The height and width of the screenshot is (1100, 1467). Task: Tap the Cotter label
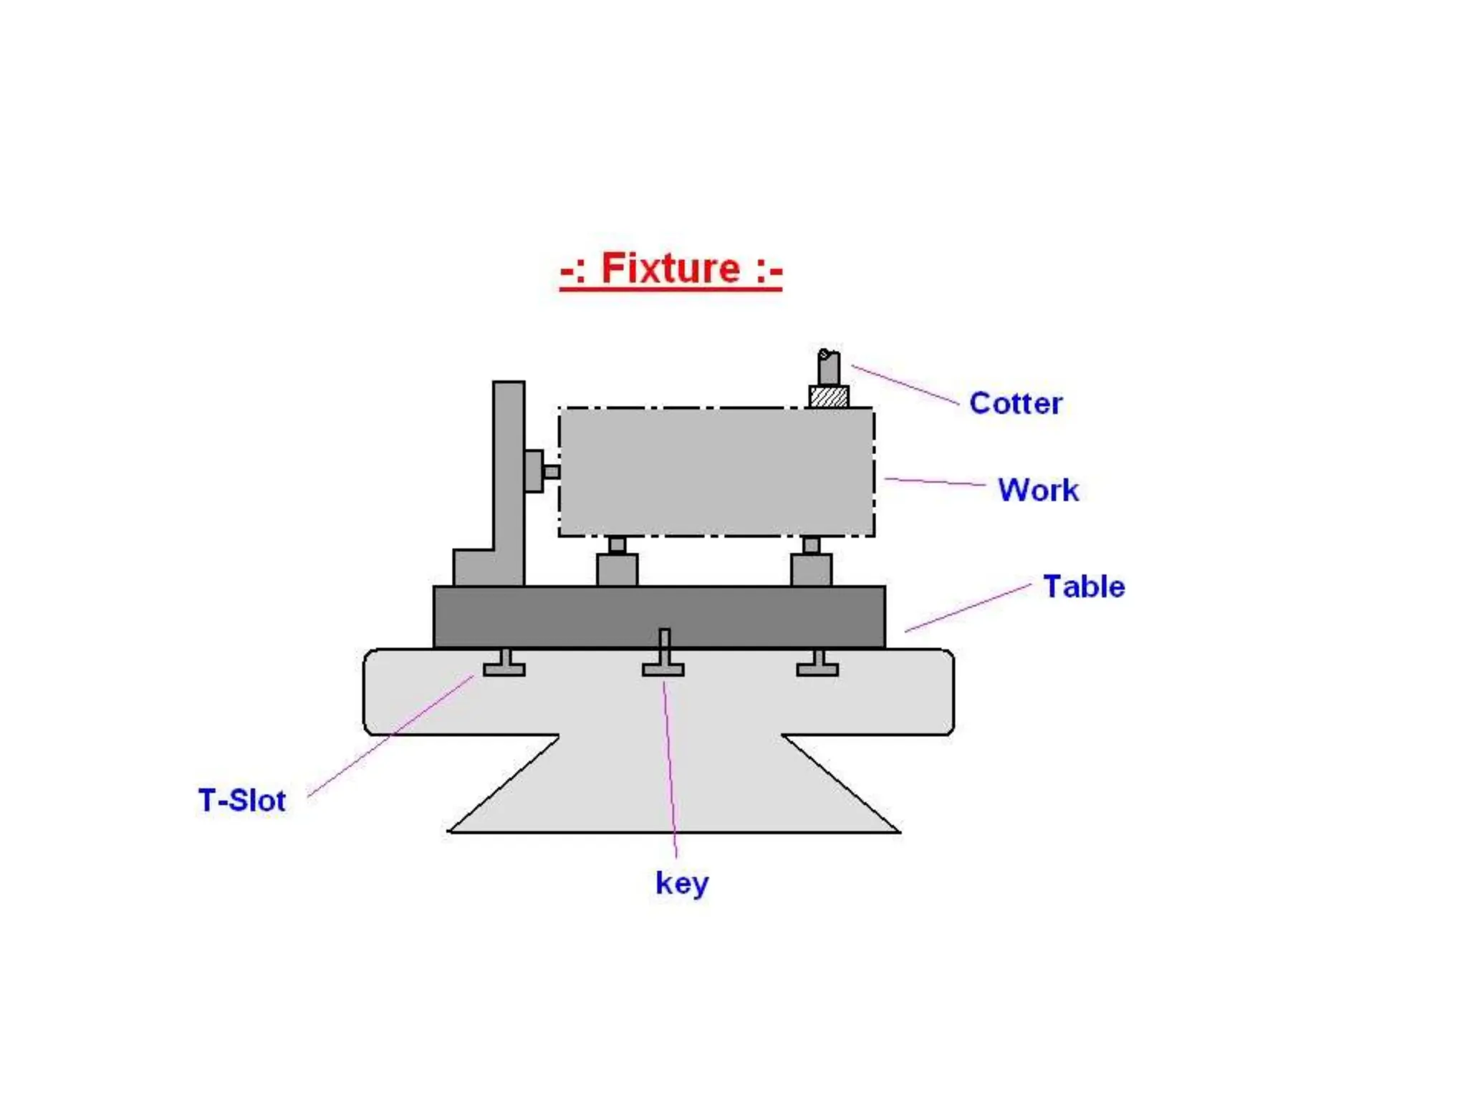[1015, 403]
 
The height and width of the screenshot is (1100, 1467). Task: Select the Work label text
[1038, 491]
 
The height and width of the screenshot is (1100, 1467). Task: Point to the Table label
[1084, 587]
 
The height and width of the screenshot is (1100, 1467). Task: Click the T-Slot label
[242, 800]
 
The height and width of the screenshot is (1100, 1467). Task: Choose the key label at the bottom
[682, 883]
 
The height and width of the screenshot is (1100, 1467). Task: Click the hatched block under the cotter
[829, 397]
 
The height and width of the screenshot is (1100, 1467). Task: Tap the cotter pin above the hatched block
[829, 367]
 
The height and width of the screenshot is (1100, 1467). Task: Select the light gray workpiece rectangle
[716, 472]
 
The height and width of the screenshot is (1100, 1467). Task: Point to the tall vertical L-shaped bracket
[508, 487]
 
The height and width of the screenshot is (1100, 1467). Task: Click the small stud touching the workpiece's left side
[551, 472]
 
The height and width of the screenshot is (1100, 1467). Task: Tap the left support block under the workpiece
[617, 569]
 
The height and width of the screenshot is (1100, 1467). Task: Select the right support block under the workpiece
[811, 569]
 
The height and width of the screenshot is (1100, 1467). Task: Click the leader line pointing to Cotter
[905, 385]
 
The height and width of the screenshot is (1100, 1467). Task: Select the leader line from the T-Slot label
[390, 735]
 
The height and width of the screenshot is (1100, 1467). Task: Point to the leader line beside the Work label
[935, 481]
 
